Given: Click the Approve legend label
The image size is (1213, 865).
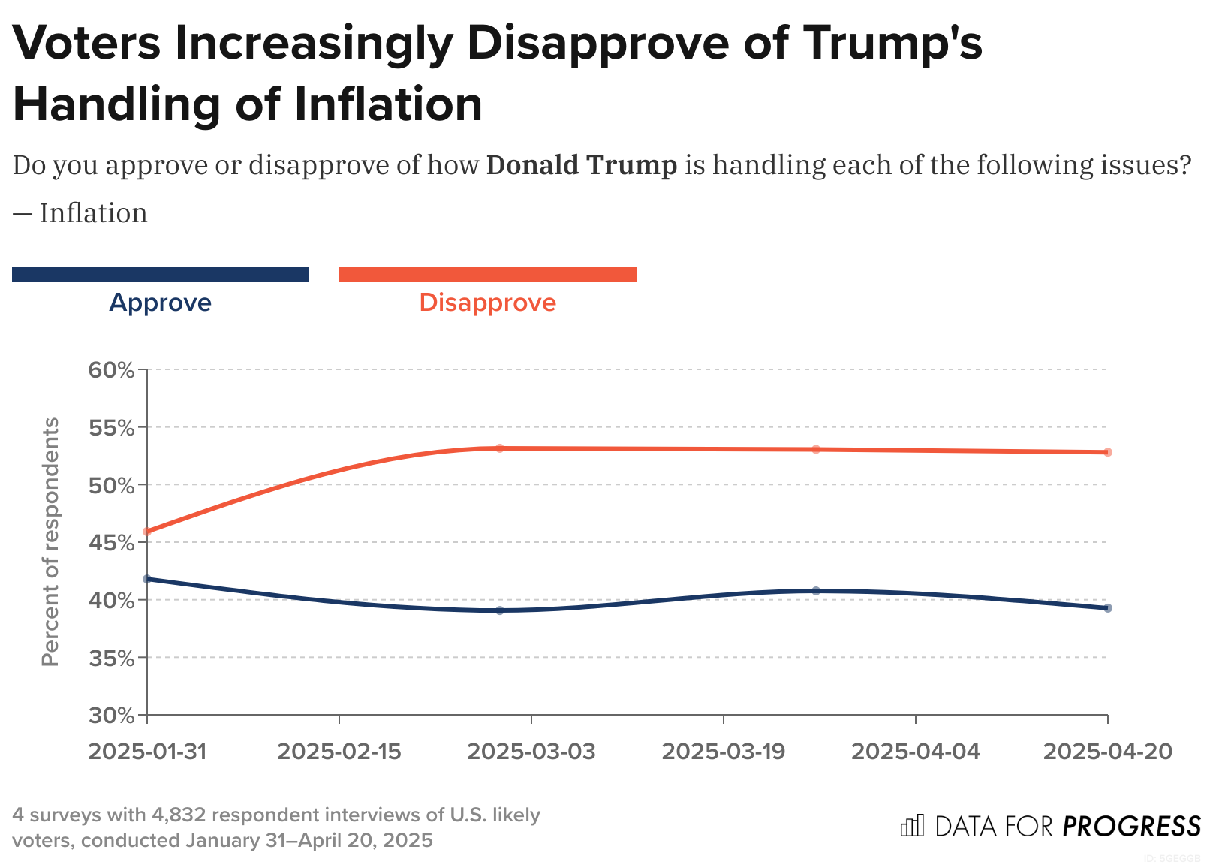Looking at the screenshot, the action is coord(161,303).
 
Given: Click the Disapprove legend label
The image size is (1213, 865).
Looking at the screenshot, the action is coord(487,303).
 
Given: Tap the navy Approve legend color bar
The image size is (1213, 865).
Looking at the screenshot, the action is coord(161,275).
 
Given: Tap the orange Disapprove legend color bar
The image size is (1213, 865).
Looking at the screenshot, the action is coord(487,275).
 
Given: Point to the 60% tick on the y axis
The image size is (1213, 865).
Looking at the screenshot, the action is coord(111,370).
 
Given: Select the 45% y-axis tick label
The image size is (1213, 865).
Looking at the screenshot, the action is coord(111,543).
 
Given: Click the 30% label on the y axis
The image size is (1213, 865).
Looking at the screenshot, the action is coord(111,716).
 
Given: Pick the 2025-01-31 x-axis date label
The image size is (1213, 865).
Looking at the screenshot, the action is coord(147,752).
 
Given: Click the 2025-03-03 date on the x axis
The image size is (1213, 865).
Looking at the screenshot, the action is coord(531,752).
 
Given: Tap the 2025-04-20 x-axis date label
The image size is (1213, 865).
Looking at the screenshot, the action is coord(1108,752).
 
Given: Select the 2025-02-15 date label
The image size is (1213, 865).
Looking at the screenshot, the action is coord(339,752).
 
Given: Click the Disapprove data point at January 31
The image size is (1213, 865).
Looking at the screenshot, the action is coord(147,532).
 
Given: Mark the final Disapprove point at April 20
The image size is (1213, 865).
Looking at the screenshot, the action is coord(1108,452).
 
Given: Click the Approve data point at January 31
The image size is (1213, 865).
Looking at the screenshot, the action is coord(147,579).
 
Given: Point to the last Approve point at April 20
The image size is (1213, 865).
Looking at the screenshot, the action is coord(1108,608).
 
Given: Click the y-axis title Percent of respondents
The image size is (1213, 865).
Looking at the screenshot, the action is coord(50,541).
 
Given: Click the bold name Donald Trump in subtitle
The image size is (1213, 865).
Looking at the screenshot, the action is coord(582,165).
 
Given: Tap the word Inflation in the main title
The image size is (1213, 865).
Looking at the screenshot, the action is coord(388,104).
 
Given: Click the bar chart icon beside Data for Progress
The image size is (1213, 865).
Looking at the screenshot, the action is coord(912,825).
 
